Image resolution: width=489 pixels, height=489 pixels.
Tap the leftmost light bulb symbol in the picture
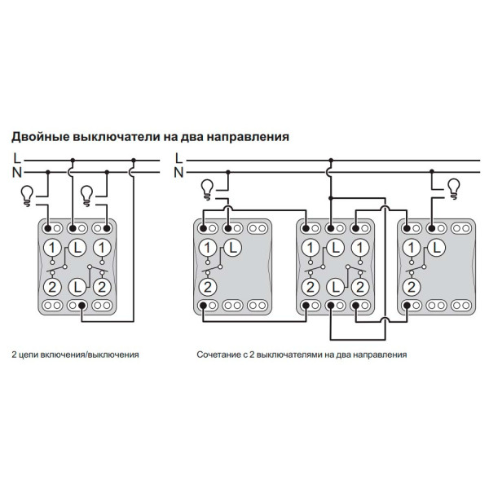tap(28, 194)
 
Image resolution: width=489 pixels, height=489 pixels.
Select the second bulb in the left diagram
tap(87, 194)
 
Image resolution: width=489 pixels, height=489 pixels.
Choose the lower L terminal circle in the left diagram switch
tap(77, 286)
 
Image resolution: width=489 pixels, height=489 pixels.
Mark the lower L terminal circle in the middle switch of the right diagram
tap(334, 286)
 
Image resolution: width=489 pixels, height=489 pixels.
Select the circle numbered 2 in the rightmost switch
tap(412, 286)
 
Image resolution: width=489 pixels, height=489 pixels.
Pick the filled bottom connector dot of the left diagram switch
tap(82, 305)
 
